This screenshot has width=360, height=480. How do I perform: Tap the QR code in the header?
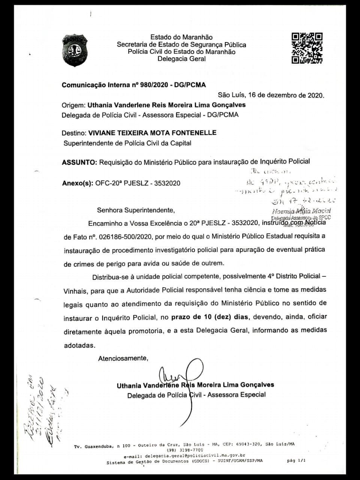click(307, 48)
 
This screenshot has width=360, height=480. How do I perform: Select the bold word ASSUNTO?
click(78, 162)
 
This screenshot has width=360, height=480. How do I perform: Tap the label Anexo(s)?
click(77, 183)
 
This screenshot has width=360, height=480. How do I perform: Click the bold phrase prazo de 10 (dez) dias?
click(210, 316)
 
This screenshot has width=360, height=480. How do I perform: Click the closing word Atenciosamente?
click(123, 358)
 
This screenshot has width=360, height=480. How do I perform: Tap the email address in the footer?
click(184, 456)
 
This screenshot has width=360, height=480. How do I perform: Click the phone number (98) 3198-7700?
click(185, 450)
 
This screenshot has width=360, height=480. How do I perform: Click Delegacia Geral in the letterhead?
click(181, 59)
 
